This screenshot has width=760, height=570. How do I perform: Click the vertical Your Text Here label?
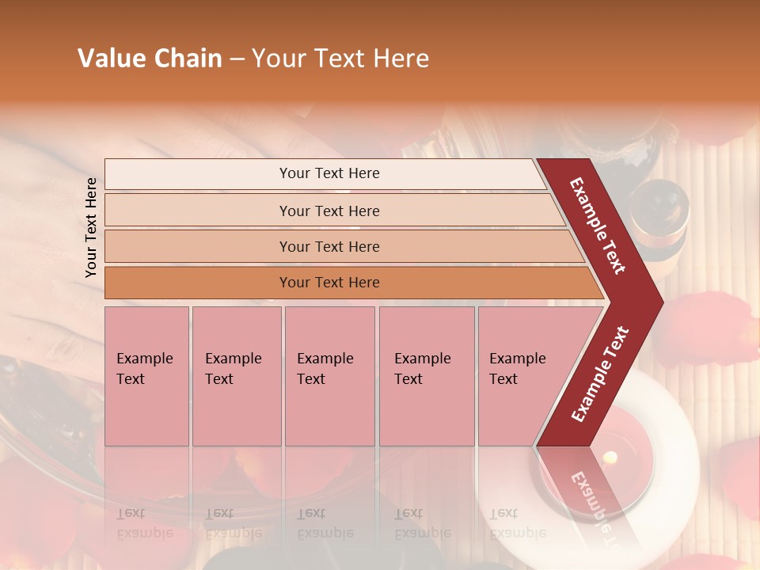(x=91, y=227)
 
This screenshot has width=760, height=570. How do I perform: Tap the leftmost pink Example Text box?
(x=146, y=376)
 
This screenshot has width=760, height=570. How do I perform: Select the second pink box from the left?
(x=237, y=376)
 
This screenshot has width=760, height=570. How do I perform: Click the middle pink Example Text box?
(x=329, y=376)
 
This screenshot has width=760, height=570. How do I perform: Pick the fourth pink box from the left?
(x=427, y=376)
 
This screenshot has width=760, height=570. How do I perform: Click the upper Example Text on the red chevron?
(x=598, y=226)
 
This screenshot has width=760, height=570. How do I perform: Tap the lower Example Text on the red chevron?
(x=599, y=374)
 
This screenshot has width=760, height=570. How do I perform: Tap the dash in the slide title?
(x=237, y=59)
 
